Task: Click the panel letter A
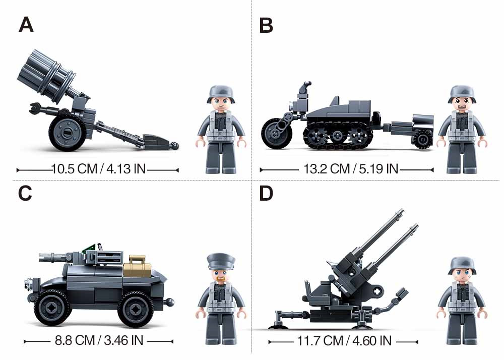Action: (x=26, y=25)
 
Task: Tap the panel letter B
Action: (x=266, y=25)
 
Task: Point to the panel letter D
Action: (x=266, y=193)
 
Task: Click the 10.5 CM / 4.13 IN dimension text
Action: (x=98, y=169)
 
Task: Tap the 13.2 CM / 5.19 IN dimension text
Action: (x=351, y=169)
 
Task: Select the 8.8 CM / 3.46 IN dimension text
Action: (x=99, y=340)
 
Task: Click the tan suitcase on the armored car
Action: (x=137, y=266)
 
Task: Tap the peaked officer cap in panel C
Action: (x=221, y=261)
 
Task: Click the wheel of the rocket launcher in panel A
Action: (x=68, y=133)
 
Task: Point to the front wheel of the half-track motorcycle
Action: (x=276, y=133)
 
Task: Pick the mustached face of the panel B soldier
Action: (x=462, y=104)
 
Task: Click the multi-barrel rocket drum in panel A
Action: (x=46, y=77)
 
